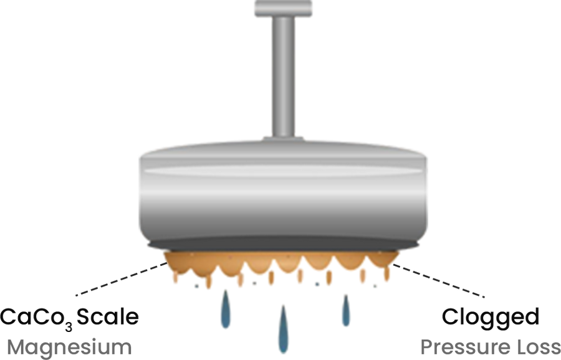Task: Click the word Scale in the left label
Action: pos(108,317)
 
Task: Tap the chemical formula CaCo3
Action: pos(37,318)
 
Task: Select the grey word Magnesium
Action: pos(69,347)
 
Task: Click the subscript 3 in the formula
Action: pos(69,325)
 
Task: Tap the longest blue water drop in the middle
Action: pos(284,329)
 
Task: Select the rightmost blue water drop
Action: pos(345,310)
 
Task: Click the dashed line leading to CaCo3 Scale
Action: pos(122,279)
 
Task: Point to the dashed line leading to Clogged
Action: pos(439,281)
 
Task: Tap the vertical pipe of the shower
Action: pos(284,77)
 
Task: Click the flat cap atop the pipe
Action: pos(284,8)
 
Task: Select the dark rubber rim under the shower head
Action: pos(284,245)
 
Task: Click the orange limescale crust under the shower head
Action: pos(281,263)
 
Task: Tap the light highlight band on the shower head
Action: pos(282,172)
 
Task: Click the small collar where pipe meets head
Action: pos(284,139)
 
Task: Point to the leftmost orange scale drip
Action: pos(176,277)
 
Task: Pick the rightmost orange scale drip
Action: pos(386,273)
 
